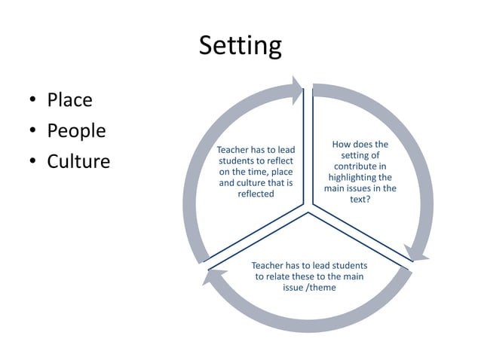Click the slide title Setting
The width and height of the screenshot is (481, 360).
[x=240, y=46]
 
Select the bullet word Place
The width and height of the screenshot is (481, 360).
[x=69, y=99]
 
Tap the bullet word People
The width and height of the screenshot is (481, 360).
[x=76, y=130]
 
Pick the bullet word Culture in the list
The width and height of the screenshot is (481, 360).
[x=78, y=161]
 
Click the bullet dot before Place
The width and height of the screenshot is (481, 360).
[x=33, y=100]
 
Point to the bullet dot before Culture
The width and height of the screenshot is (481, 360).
[x=33, y=162]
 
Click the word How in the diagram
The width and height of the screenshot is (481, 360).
[x=344, y=144]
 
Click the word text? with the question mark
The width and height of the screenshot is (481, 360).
[x=360, y=200]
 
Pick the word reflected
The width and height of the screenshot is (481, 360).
[x=256, y=194]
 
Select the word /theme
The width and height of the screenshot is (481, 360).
[x=321, y=287]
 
